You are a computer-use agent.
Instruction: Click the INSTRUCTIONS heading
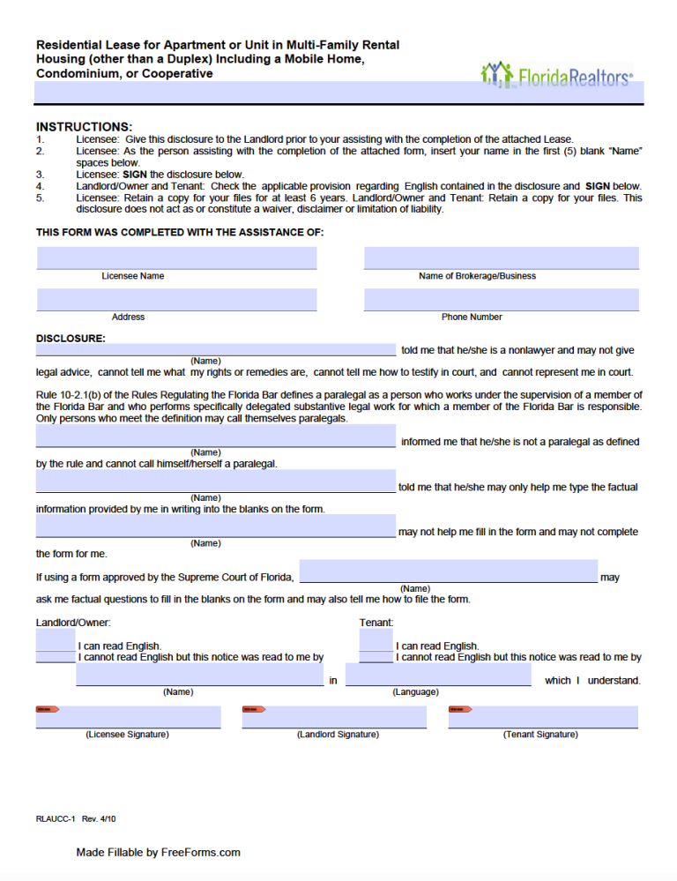coord(84,127)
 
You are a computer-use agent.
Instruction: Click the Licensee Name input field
coord(176,258)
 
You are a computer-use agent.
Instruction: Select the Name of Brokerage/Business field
coord(501,258)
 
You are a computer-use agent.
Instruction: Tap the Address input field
coord(176,300)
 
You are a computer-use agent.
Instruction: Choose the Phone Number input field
coord(501,300)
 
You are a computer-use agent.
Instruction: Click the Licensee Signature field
coord(128,718)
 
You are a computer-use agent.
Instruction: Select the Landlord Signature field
coord(334,718)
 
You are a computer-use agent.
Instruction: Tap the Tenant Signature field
coord(542,718)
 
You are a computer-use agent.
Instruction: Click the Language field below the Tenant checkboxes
coord(438,676)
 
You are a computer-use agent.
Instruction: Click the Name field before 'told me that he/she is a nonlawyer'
coord(215,349)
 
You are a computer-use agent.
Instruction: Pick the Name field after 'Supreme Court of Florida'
coord(449,571)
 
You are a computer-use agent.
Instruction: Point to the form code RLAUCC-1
coord(56,819)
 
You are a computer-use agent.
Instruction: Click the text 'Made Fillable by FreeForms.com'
coord(158,853)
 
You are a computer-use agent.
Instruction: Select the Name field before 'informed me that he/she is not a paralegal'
coord(215,436)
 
